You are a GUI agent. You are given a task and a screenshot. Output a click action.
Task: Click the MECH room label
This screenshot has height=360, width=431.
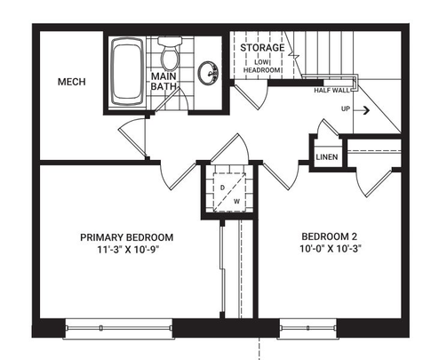pos(70,82)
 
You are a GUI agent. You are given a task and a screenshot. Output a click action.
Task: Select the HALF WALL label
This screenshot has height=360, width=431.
pos(331,90)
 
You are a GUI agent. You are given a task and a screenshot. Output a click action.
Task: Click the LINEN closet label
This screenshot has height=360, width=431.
pos(325,157)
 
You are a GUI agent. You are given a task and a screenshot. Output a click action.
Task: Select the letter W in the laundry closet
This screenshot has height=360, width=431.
pos(235,200)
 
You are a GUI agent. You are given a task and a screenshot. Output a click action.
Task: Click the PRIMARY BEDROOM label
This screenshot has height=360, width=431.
pos(126,237)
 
